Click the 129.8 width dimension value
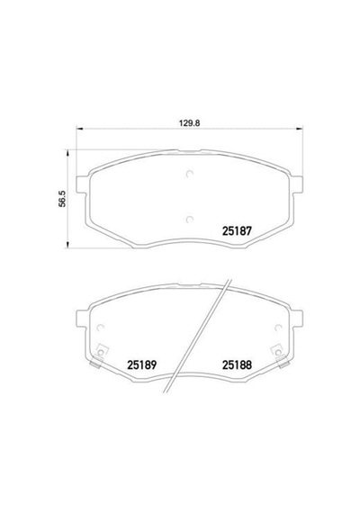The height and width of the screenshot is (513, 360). (x=189, y=123)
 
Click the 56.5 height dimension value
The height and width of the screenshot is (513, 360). (x=62, y=199)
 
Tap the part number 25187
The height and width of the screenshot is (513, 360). (x=237, y=231)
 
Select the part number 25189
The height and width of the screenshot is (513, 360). (x=141, y=364)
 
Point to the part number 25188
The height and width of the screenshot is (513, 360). (x=237, y=364)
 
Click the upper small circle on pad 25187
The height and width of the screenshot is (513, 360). (x=189, y=174)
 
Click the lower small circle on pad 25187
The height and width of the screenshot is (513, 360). (x=189, y=220)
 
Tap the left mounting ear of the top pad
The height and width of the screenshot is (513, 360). (x=82, y=184)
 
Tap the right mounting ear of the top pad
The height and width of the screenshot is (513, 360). (x=297, y=184)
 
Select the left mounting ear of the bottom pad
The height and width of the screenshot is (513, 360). (x=82, y=319)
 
